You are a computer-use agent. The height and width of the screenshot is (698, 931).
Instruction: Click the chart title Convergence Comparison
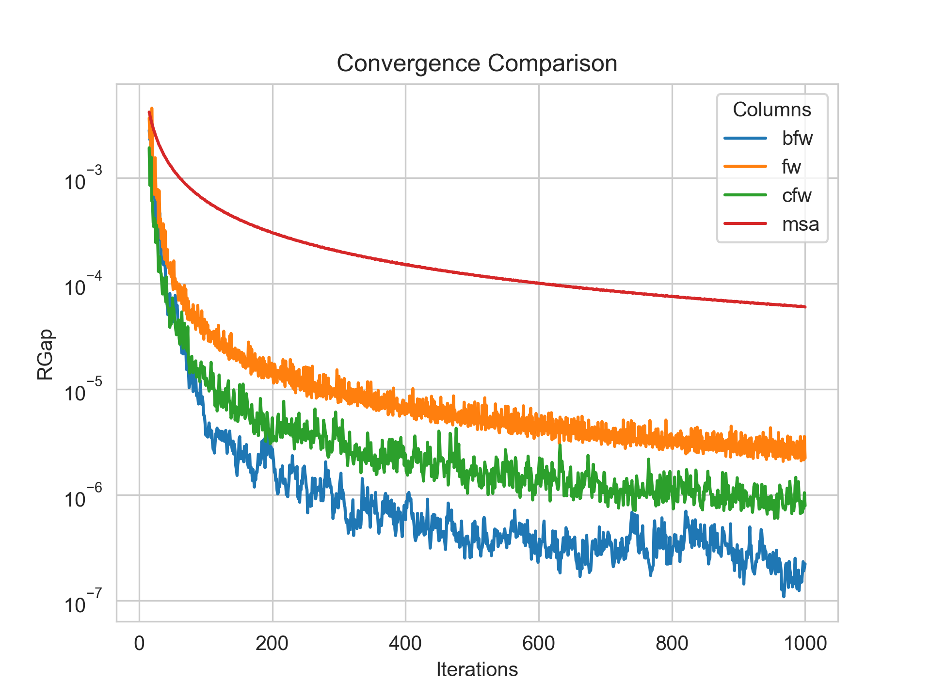[x=477, y=63]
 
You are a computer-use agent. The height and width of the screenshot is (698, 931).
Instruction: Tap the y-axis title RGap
[x=45, y=354]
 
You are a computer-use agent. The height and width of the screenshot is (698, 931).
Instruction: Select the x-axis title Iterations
[x=477, y=669]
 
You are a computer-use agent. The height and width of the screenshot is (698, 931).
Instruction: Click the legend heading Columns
[x=771, y=110]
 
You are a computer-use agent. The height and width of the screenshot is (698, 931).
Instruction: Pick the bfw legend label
[x=797, y=139]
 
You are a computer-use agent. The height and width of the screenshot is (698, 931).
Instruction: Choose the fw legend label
[x=791, y=167]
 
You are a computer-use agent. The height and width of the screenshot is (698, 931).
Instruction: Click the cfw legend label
[x=796, y=195]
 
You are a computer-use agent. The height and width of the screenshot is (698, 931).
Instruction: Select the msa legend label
[x=800, y=224]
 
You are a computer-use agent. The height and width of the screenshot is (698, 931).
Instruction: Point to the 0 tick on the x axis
[x=139, y=643]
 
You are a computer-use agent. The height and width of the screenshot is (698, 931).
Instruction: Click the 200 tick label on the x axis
[x=273, y=643]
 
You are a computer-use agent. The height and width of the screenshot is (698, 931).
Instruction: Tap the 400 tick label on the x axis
[x=405, y=643]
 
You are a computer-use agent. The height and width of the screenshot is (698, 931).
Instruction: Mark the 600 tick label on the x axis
[x=539, y=643]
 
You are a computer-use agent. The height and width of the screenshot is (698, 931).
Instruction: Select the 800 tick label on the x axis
[x=672, y=643]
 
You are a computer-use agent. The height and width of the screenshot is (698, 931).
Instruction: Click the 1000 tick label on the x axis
[x=805, y=643]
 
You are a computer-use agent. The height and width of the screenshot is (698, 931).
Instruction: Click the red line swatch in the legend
[x=745, y=223]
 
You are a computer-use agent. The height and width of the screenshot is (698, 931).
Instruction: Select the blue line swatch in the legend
[x=745, y=138]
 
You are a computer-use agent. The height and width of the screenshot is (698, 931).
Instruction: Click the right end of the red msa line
[x=805, y=307]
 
